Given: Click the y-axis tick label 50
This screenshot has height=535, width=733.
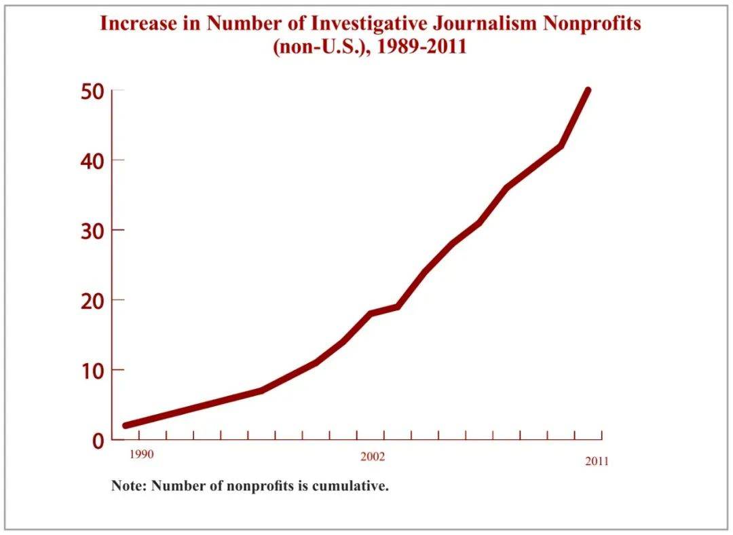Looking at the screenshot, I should tap(92, 91).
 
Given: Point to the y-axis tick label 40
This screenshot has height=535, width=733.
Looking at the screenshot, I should tap(92, 161).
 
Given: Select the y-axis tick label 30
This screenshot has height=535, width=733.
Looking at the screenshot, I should tap(92, 231).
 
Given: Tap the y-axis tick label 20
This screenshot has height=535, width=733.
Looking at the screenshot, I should tap(92, 301).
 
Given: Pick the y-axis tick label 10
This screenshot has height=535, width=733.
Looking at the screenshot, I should tap(92, 371).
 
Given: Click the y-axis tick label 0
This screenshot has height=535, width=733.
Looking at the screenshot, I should tap(98, 441).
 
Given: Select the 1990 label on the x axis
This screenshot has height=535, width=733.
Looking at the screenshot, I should tap(141, 454).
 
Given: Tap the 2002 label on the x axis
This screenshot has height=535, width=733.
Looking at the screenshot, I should tap(373, 457).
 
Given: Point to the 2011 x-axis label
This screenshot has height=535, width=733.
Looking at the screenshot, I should tap(597, 462).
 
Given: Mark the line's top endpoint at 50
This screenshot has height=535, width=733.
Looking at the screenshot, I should tap(588, 90).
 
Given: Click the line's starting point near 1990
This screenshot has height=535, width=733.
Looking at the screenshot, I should tap(126, 426).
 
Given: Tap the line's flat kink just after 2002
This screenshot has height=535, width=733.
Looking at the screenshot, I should tap(396, 307).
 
